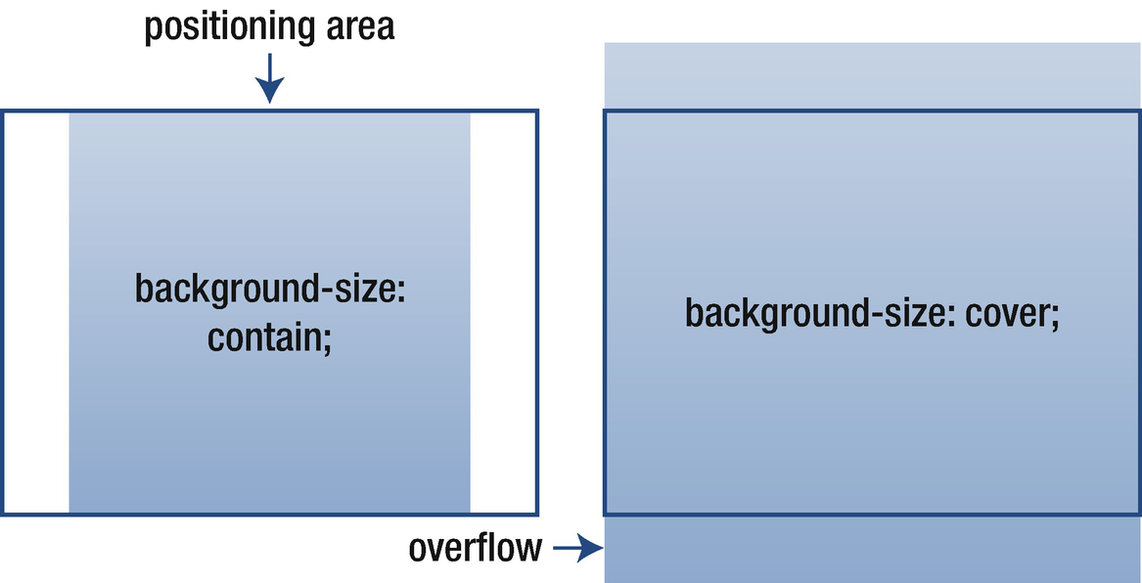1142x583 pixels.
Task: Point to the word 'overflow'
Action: pyautogui.click(x=475, y=549)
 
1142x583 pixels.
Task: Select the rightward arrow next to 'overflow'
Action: pyautogui.click(x=577, y=550)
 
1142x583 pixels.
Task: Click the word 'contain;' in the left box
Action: pyautogui.click(x=269, y=338)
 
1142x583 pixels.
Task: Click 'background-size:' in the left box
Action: pyautogui.click(x=269, y=290)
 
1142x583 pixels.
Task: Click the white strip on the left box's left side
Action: pyautogui.click(x=36, y=312)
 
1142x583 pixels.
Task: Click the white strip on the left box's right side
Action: pyautogui.click(x=502, y=312)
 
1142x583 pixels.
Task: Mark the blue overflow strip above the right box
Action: pyautogui.click(x=872, y=76)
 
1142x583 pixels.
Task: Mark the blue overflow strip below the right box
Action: pyautogui.click(x=872, y=549)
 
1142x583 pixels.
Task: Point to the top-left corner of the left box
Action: pyautogui.click(x=3, y=112)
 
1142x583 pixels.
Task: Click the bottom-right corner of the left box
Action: pyautogui.click(x=537, y=514)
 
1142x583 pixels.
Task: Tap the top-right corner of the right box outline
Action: pyautogui.click(x=1139, y=112)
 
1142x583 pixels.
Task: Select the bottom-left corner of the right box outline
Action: pyautogui.click(x=605, y=514)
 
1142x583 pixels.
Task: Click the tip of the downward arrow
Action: pyautogui.click(x=269, y=101)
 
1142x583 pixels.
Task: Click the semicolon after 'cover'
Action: pyautogui.click(x=1055, y=318)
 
